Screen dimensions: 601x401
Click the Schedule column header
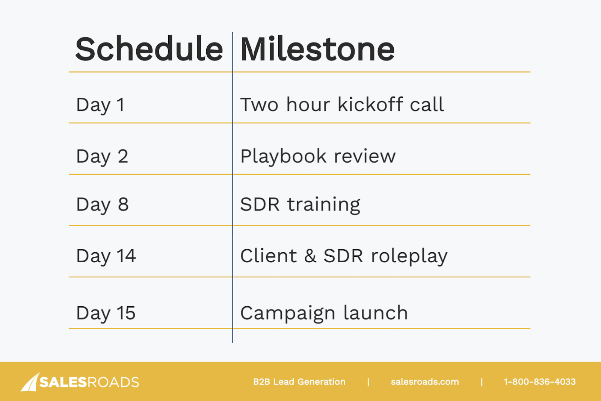tap(149, 49)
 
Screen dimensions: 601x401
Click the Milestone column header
tap(317, 49)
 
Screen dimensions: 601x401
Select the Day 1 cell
tap(101, 105)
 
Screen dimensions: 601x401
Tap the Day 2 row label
tap(102, 156)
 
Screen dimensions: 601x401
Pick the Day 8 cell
tap(103, 205)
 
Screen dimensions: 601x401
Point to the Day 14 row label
tap(106, 256)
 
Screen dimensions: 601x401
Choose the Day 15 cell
tap(106, 313)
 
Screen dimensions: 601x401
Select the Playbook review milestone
tap(318, 156)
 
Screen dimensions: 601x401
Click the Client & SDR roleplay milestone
tap(344, 256)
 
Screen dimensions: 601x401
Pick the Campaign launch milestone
tap(324, 313)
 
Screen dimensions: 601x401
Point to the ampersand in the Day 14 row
tap(310, 256)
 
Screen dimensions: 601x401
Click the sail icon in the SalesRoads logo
tap(30, 382)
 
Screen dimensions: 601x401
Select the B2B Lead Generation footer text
tap(299, 382)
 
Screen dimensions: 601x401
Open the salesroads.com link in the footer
tap(425, 382)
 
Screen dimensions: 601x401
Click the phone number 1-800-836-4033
tap(540, 382)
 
